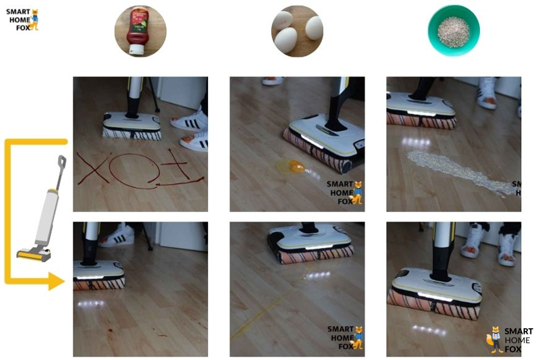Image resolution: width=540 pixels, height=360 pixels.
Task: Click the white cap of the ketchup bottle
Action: point(136,49)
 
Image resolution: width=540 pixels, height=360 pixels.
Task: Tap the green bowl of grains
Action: point(454,30)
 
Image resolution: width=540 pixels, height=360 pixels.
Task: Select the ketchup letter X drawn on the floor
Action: point(92,168)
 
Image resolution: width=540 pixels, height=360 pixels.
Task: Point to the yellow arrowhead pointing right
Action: point(56,281)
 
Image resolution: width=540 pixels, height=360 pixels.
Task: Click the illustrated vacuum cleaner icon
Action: point(42,209)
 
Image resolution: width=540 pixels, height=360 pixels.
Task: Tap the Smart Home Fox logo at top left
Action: point(22,20)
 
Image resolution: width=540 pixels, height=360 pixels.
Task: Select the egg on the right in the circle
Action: point(314,28)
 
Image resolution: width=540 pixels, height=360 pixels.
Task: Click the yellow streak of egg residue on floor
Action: point(262,313)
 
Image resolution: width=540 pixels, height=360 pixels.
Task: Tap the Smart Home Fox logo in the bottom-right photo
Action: point(510,339)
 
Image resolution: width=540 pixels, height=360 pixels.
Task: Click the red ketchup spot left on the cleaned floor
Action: point(111,331)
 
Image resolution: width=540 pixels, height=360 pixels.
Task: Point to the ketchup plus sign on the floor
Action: point(179,168)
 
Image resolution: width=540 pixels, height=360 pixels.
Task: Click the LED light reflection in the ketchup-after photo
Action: point(91,304)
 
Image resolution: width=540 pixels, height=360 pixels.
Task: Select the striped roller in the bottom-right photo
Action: point(435,305)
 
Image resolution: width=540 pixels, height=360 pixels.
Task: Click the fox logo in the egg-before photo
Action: point(345,193)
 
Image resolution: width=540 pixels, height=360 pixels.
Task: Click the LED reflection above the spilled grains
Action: point(416,142)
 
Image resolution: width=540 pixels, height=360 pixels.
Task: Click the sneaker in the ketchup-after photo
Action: point(117,235)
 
